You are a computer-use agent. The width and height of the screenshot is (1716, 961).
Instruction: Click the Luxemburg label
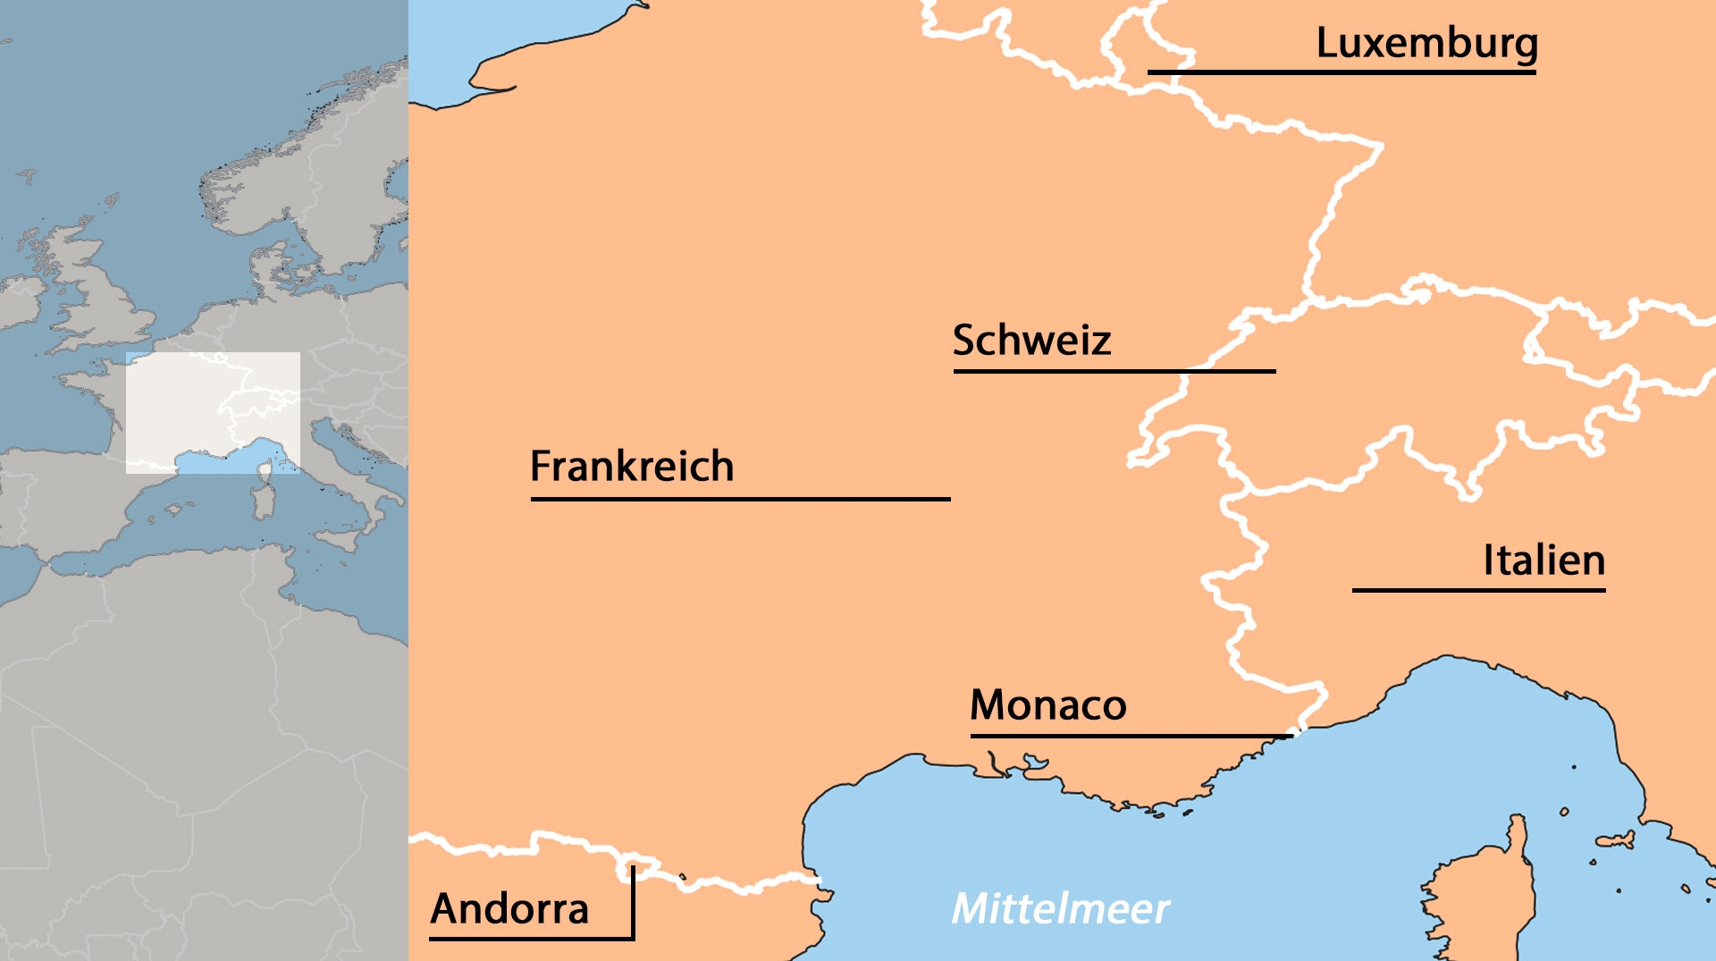click(x=1426, y=43)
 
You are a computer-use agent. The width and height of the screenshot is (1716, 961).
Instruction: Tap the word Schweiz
click(x=1031, y=341)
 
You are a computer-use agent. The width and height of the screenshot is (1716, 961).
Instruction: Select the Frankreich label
click(x=632, y=467)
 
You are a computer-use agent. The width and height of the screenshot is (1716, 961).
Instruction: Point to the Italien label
click(x=1544, y=561)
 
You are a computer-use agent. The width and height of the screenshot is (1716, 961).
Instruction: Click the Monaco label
click(x=1047, y=705)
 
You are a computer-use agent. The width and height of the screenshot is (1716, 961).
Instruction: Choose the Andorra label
click(x=509, y=909)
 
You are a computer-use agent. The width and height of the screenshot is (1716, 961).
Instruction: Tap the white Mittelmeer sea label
click(x=1060, y=909)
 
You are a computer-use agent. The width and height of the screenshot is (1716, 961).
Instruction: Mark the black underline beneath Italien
click(x=1478, y=590)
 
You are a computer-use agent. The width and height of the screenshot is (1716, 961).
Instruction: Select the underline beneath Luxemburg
click(x=1341, y=72)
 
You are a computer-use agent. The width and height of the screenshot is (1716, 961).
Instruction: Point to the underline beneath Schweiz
click(x=1114, y=370)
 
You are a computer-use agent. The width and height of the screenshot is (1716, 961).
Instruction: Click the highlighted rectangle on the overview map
click(x=213, y=412)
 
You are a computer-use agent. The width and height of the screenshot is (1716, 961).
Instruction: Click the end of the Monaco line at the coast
click(x=1291, y=735)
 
